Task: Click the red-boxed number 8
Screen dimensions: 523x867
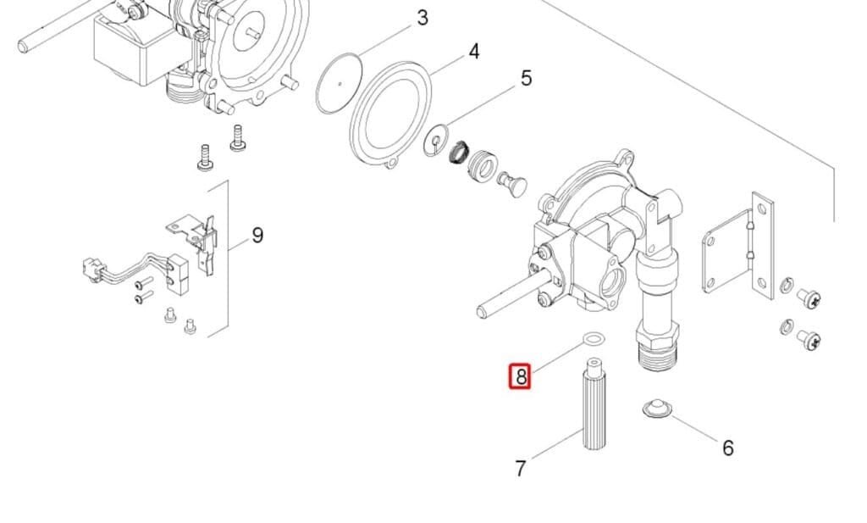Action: click(520, 376)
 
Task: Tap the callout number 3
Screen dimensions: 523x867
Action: click(422, 18)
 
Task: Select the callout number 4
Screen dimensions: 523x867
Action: click(473, 52)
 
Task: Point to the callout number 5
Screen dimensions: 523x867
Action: click(526, 79)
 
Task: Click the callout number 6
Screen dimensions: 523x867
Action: click(727, 448)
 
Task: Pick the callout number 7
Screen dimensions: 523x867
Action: click(521, 468)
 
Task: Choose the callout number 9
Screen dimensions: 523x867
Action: click(257, 235)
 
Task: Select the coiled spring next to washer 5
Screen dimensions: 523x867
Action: click(459, 153)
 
